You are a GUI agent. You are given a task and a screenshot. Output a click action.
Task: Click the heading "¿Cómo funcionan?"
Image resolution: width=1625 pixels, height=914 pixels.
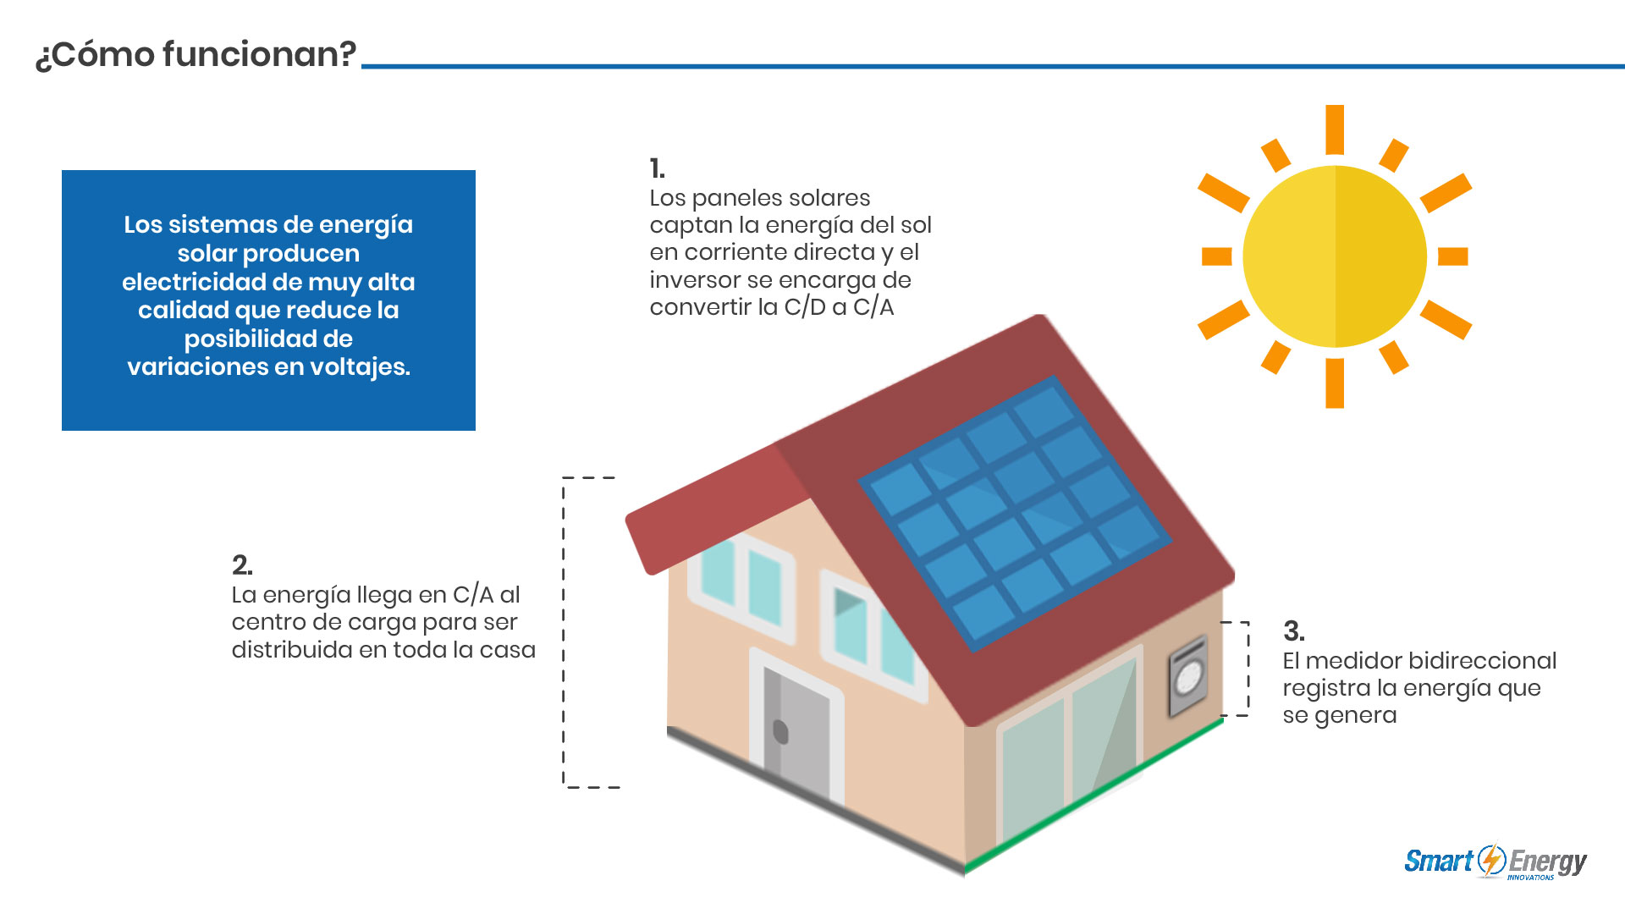[196, 55]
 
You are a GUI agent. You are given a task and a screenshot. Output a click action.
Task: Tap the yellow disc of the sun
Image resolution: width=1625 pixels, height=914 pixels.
[1335, 256]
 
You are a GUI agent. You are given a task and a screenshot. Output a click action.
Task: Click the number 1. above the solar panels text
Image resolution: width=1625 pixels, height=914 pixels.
[657, 168]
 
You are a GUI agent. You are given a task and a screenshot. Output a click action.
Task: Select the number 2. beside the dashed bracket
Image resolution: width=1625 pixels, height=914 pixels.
[242, 564]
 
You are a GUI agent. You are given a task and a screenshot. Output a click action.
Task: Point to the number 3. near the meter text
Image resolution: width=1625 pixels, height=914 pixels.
[1293, 630]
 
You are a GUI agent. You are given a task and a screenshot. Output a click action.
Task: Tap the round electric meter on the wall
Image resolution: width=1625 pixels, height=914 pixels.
[1188, 677]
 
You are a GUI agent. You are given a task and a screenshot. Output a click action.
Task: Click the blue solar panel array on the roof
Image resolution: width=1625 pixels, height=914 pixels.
[1015, 513]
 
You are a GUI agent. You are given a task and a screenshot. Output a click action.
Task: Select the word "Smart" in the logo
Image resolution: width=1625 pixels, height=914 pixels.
[1439, 862]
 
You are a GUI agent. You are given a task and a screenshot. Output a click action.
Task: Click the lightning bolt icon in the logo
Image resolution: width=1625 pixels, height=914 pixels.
[1491, 860]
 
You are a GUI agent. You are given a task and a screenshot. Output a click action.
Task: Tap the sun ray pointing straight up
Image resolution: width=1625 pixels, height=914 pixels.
[1335, 129]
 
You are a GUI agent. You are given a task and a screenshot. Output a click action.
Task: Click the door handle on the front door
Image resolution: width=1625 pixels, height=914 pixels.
[780, 731]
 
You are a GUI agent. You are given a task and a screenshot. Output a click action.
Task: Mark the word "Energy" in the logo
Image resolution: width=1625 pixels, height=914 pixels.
[1548, 862]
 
